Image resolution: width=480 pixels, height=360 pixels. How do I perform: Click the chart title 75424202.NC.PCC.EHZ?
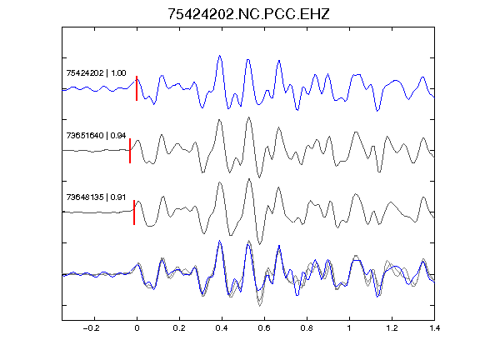tap(248, 14)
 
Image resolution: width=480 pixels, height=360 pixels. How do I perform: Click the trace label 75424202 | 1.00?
tap(96, 73)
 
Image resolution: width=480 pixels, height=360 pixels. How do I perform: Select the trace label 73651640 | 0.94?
tap(96, 135)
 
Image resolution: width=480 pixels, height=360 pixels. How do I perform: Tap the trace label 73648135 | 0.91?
tap(96, 197)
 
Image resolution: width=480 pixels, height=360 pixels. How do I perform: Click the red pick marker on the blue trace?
tap(137, 88)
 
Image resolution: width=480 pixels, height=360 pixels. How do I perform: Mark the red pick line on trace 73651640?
tap(130, 151)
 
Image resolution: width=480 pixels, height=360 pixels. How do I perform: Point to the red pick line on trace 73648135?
tap(134, 212)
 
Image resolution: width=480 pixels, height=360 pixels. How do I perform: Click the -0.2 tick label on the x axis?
tap(92, 328)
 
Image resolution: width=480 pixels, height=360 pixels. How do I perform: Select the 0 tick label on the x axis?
tap(137, 328)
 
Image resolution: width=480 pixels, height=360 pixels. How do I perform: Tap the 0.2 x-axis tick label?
tap(179, 328)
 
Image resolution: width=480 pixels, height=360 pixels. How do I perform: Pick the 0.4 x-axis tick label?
tap(222, 328)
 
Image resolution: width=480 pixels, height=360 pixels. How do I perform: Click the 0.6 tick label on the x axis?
tap(264, 328)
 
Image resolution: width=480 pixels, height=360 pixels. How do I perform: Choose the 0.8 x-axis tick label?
tap(307, 328)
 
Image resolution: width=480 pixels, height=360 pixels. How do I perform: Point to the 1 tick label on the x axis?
tap(349, 328)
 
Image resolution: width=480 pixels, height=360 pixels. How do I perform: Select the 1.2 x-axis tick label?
tap(392, 328)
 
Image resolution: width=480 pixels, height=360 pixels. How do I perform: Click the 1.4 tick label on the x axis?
tap(434, 328)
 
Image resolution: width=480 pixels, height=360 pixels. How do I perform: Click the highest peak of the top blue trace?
tap(219, 56)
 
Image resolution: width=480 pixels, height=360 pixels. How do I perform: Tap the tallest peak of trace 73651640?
tap(249, 117)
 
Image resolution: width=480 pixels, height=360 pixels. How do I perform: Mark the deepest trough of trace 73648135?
tap(260, 244)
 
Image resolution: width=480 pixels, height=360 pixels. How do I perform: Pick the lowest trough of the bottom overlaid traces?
tap(260, 306)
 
